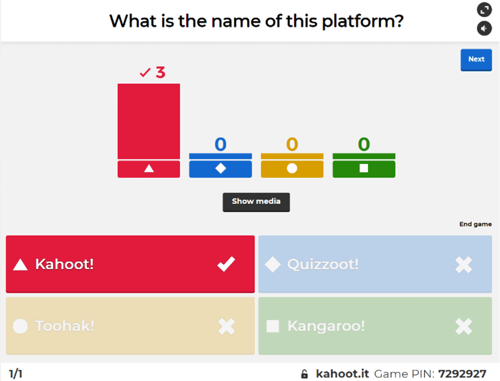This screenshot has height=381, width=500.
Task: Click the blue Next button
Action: coord(476,60)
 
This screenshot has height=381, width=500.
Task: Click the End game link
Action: coord(475,224)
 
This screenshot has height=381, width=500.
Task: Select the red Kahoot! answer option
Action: coord(130,264)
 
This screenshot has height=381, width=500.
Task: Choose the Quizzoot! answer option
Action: coord(375,264)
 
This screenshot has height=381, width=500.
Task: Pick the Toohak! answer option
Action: coord(130,326)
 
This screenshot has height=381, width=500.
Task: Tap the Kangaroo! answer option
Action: coord(375,326)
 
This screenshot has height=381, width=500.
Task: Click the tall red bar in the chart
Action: coord(149,121)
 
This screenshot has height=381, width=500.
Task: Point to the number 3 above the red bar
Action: coord(160,73)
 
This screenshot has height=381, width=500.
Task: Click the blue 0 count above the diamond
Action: coord(220,144)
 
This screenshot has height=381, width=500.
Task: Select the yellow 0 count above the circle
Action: coord(292,144)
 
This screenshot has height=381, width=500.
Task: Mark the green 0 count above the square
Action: coord(364,144)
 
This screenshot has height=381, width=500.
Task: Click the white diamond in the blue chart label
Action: coord(220,169)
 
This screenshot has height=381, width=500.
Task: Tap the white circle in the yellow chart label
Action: coord(292,169)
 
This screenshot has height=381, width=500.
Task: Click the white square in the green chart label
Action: coord(364,169)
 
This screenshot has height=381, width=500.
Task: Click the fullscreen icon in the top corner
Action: coord(484,10)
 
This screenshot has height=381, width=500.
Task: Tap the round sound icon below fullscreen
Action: coord(484,28)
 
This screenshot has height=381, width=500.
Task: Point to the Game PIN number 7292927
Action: coord(462,374)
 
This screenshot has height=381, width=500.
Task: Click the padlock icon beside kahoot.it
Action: coord(304,374)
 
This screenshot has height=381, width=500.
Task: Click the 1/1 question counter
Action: coord(16,374)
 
